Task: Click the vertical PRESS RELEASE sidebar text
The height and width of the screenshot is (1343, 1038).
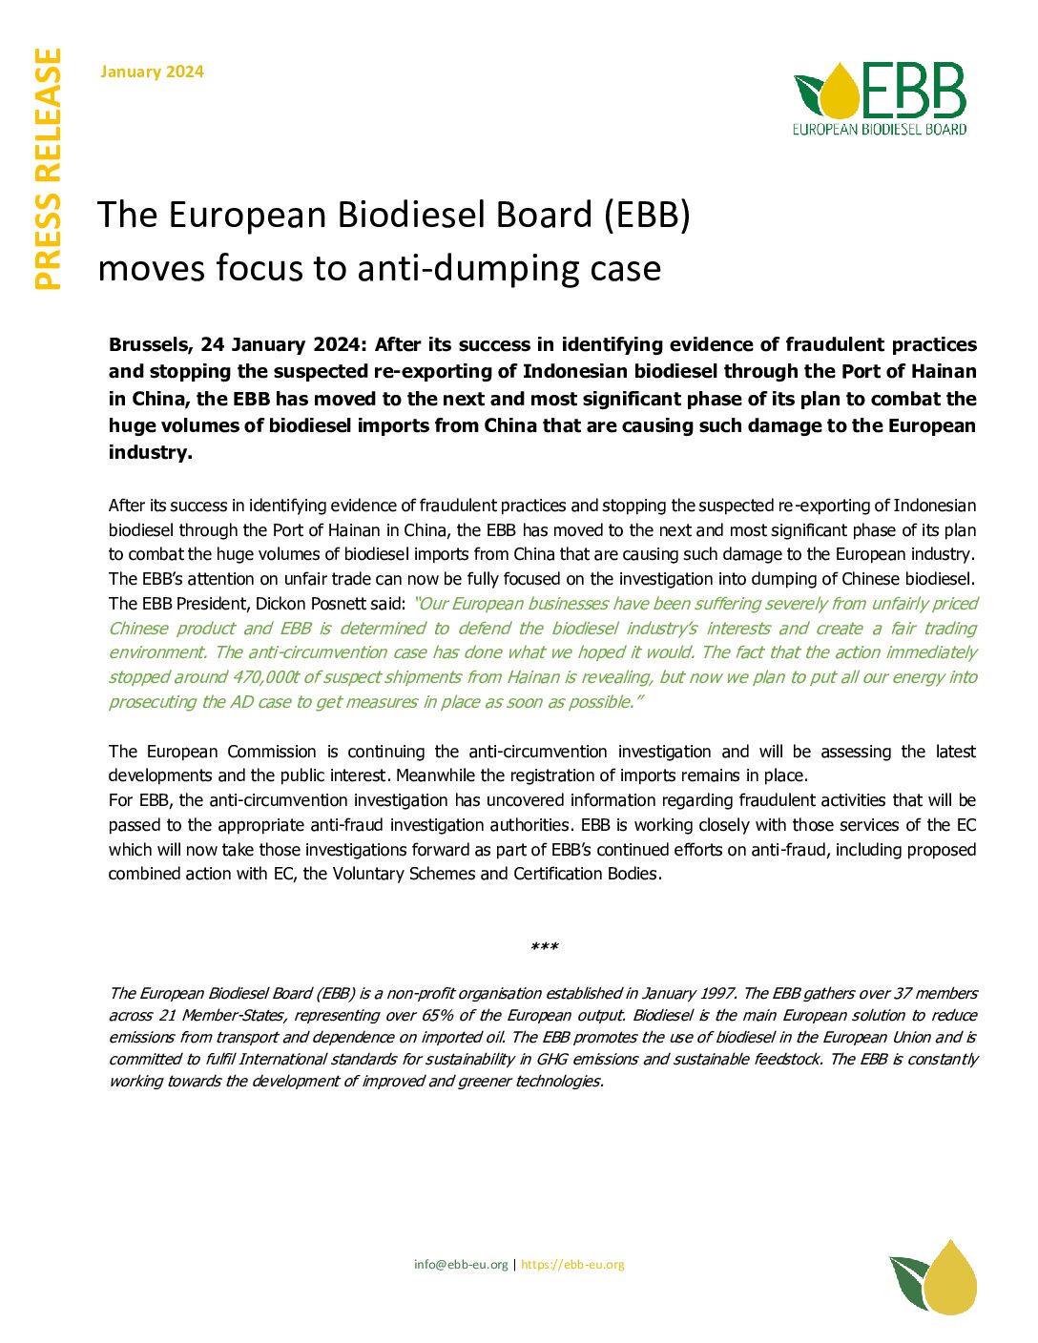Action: point(48,169)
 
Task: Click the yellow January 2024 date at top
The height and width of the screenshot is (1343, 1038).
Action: point(152,72)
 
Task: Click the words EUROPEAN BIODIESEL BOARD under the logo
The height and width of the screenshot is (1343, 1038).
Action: point(879,130)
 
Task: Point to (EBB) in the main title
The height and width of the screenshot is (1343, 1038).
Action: point(647,216)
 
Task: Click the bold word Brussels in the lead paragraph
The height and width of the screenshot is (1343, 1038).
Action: point(150,344)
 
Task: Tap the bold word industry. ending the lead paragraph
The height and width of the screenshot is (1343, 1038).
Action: point(150,452)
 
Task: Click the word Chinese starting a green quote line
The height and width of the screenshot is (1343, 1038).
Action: point(138,629)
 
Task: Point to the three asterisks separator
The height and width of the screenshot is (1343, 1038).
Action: point(544,947)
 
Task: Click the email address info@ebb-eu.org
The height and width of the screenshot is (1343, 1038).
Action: point(461,1265)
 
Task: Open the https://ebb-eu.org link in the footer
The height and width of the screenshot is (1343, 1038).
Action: point(572,1265)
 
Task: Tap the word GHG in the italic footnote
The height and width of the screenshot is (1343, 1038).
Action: point(551,1059)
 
